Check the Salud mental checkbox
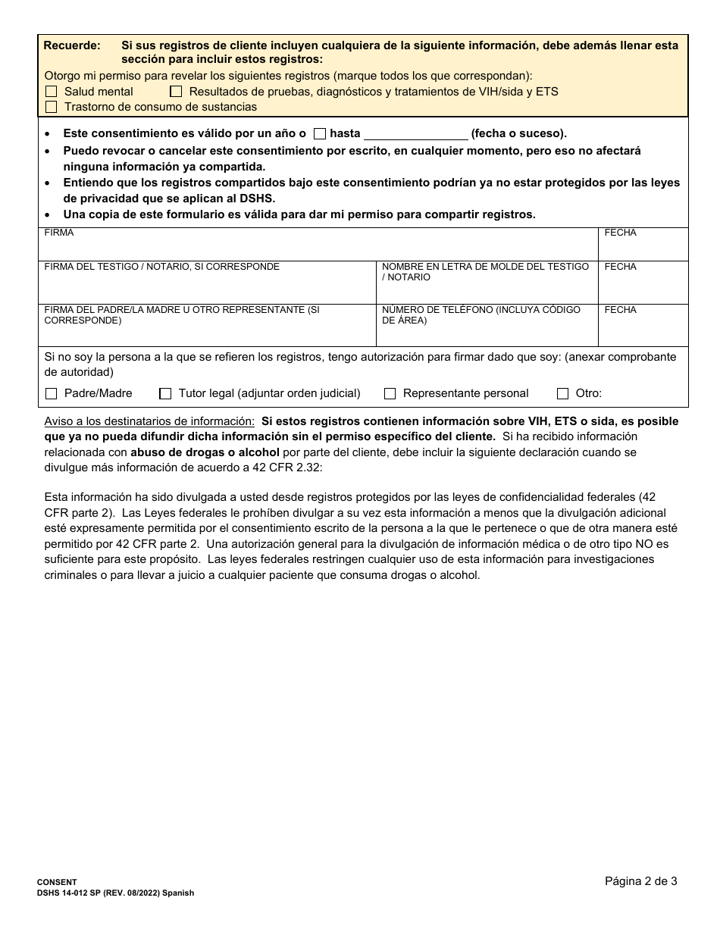click(x=52, y=92)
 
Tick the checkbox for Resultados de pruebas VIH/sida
click(x=176, y=92)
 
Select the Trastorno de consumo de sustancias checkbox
click(x=52, y=107)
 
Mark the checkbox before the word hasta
click(x=319, y=134)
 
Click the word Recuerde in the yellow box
click(x=71, y=45)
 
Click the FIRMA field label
click(x=59, y=233)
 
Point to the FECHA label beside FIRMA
click(x=620, y=233)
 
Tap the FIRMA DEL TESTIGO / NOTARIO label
click(x=161, y=267)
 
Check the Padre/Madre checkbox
click(x=52, y=394)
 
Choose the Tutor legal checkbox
click(x=165, y=394)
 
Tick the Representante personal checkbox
click(x=390, y=394)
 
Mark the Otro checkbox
click(x=562, y=394)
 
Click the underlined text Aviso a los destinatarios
click(x=149, y=421)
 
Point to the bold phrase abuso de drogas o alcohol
click(x=205, y=452)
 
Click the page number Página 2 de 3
click(x=640, y=880)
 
